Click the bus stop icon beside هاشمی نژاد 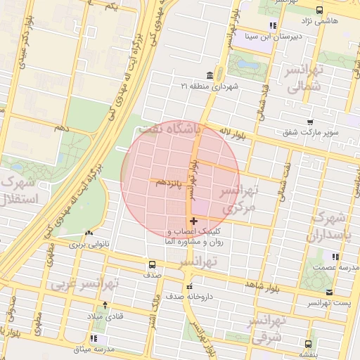[x=320, y=10]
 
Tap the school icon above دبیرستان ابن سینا [x=273, y=25]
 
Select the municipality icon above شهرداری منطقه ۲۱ [x=209, y=76]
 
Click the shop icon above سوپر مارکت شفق [x=309, y=122]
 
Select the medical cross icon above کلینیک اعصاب [x=193, y=221]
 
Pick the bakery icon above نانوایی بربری [x=89, y=233]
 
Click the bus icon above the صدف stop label [x=152, y=265]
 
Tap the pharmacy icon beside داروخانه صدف [x=188, y=286]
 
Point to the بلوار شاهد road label [x=262, y=284]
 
